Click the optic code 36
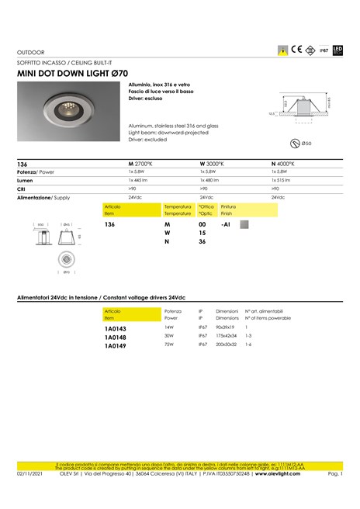[x=202, y=241]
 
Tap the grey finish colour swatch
[x=244, y=224]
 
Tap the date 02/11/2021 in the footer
[x=29, y=473]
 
